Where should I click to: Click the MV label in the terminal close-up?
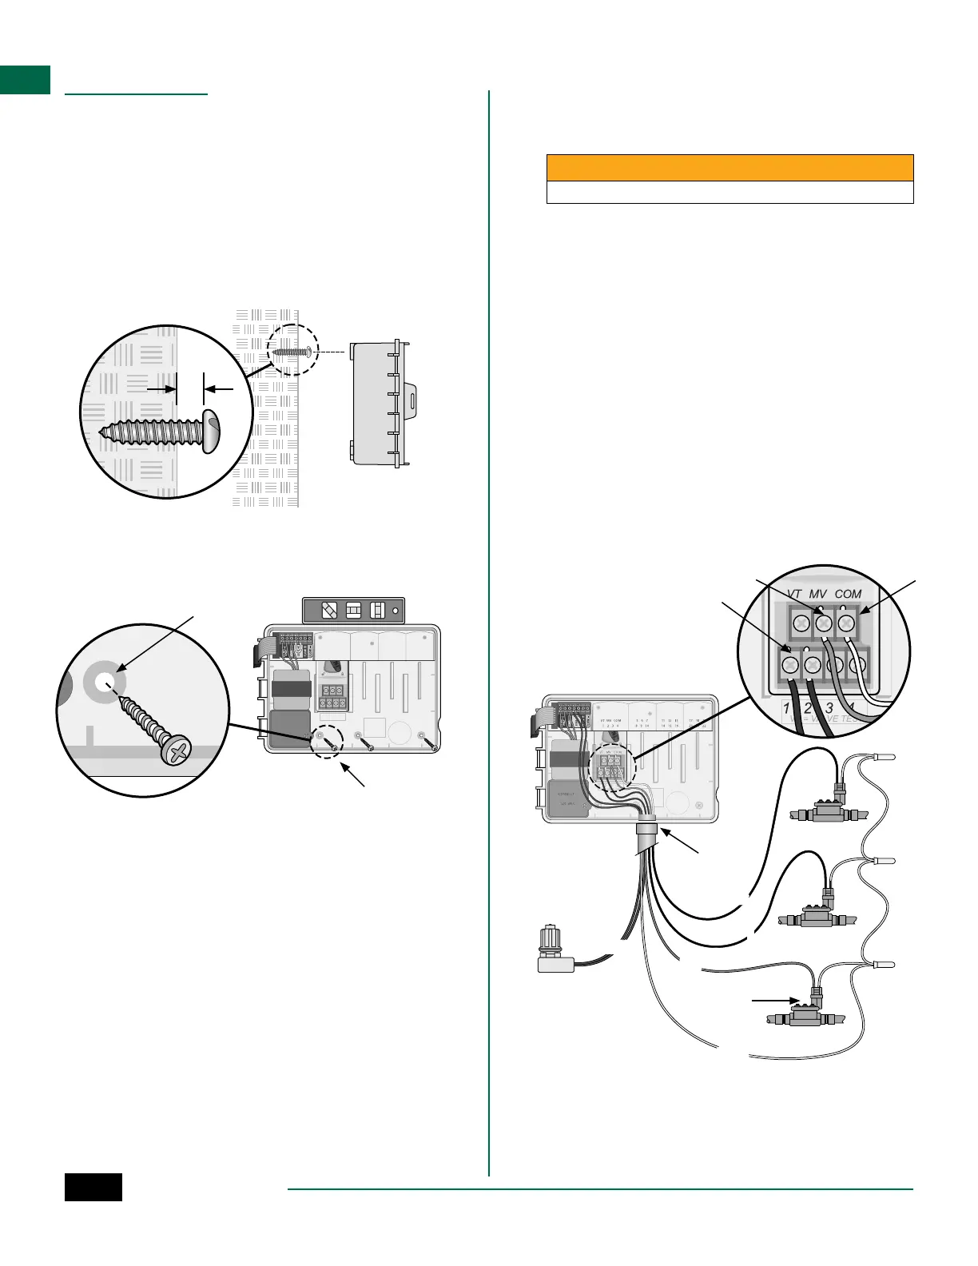(x=817, y=594)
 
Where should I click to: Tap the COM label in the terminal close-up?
(x=848, y=594)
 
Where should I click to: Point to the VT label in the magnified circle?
(x=793, y=594)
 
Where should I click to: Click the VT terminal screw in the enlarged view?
(x=800, y=622)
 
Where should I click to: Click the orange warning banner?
(x=730, y=168)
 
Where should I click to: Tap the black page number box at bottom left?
(x=93, y=1187)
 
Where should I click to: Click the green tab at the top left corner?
(x=25, y=80)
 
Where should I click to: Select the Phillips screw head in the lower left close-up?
(x=177, y=752)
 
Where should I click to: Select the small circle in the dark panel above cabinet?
(x=395, y=610)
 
